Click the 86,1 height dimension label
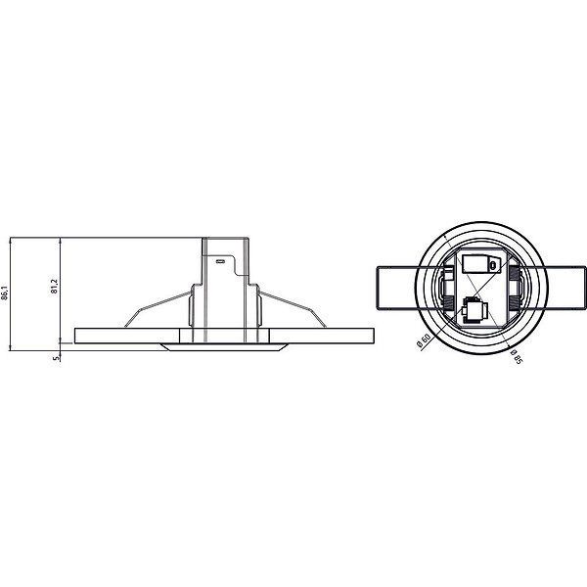(x=5, y=293)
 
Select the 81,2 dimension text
(x=55, y=286)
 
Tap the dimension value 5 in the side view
(x=56, y=358)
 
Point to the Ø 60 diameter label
(x=424, y=341)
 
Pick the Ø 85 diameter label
(x=516, y=356)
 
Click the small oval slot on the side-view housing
(x=220, y=261)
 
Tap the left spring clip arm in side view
(x=158, y=309)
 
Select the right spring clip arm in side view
(x=293, y=309)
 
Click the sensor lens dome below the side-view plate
(x=224, y=347)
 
